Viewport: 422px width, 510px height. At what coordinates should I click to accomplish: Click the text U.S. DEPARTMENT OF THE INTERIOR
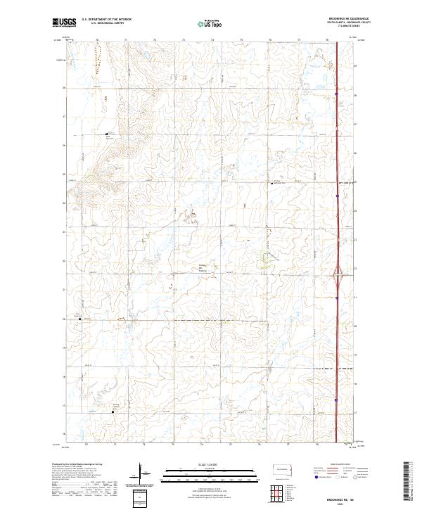(106, 20)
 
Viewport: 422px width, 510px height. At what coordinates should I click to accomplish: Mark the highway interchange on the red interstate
(338, 271)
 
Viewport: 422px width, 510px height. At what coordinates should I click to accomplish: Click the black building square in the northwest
(107, 134)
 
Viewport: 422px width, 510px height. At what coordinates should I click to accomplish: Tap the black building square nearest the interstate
(273, 184)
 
